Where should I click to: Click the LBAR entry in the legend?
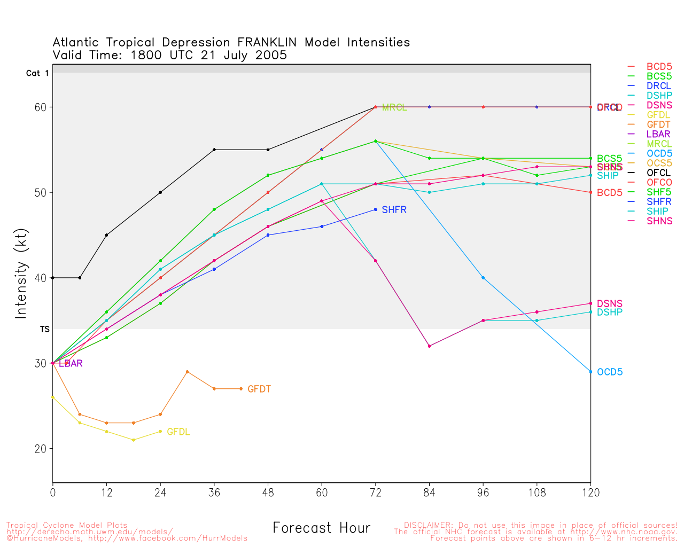[658, 134]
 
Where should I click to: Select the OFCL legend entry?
[658, 173]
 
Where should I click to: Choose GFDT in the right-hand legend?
[658, 124]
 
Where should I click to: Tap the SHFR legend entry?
[658, 201]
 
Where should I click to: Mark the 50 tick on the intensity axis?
[41, 192]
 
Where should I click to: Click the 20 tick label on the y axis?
[41, 449]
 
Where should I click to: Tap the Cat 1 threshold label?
[37, 73]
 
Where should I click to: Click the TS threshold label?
[45, 330]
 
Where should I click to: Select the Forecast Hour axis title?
[321, 528]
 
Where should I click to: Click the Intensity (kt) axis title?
[21, 277]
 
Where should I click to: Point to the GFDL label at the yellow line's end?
[178, 432]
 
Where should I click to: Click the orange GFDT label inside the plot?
[259, 389]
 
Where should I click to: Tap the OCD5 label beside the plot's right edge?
[610, 372]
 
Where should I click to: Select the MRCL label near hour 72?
[394, 108]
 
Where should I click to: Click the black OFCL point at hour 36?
[214, 150]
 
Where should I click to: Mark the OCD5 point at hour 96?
[483, 278]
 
